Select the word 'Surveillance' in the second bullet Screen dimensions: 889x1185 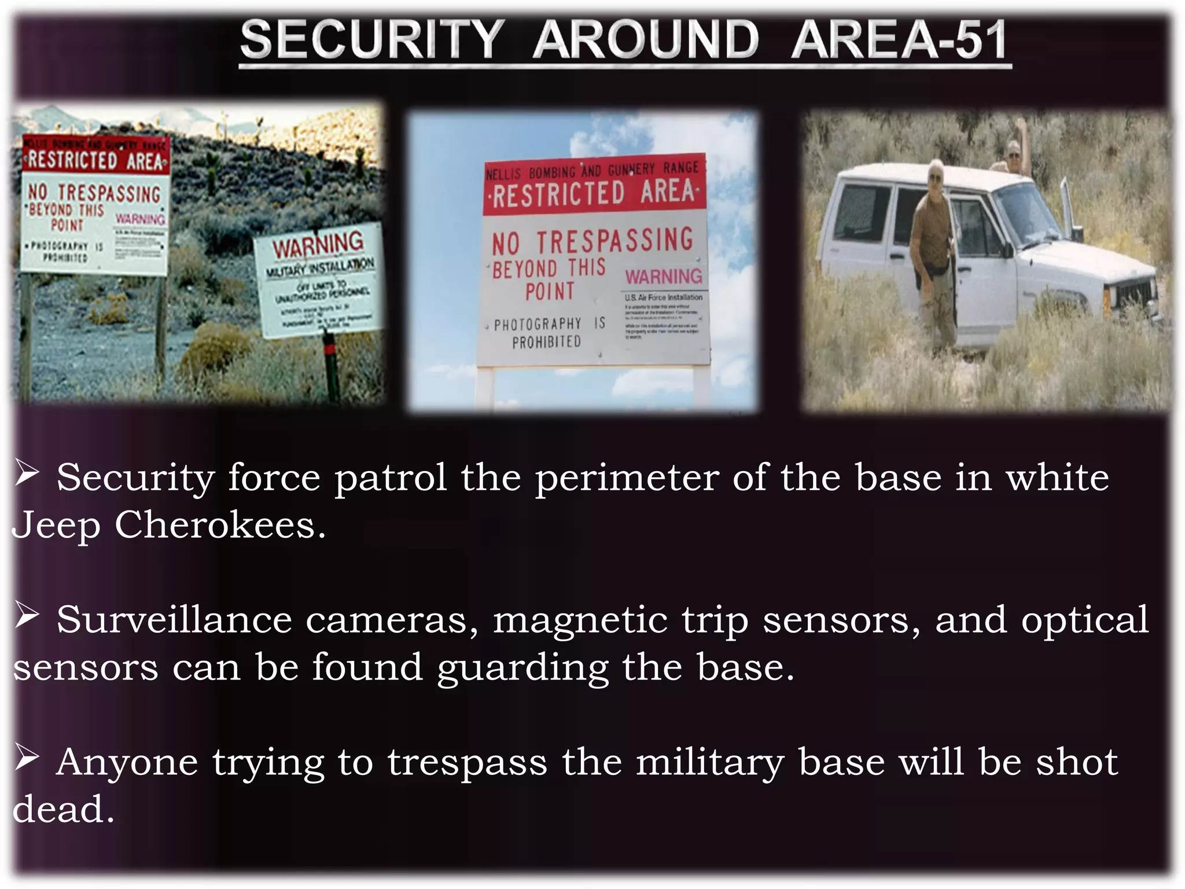[174, 620]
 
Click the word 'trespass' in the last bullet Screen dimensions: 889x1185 [467, 762]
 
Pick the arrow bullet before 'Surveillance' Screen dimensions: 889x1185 [27, 616]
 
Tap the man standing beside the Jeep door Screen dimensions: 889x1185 [933, 255]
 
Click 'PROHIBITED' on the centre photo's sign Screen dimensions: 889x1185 [546, 342]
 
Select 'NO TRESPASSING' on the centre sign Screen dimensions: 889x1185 [592, 242]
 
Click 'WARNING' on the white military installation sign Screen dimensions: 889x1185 [318, 245]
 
